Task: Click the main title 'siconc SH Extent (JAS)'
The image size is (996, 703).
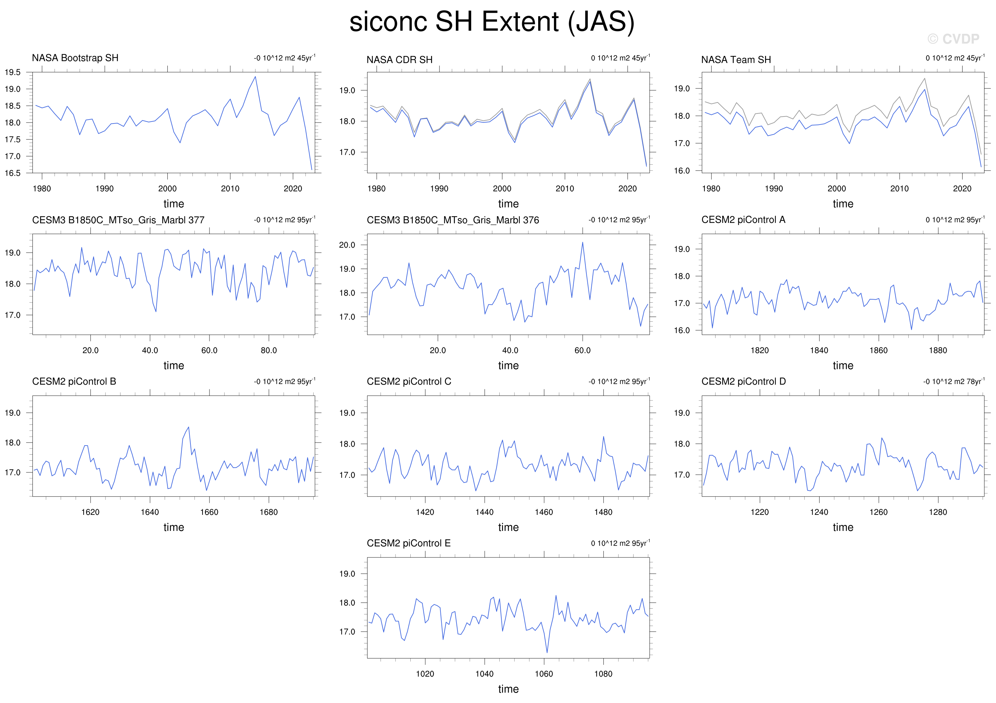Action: tap(492, 22)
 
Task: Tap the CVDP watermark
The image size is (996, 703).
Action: tap(953, 39)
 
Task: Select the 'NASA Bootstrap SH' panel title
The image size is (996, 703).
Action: tap(75, 58)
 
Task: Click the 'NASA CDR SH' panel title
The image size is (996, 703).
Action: tap(400, 60)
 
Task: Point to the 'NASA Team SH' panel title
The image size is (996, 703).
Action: tap(736, 60)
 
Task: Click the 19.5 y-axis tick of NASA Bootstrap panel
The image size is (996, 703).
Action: tap(13, 72)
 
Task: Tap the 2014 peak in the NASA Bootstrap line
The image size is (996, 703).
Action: tap(255, 77)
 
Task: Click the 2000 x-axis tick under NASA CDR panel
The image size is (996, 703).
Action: tap(502, 189)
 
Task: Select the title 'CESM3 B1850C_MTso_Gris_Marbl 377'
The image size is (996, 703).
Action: tap(118, 220)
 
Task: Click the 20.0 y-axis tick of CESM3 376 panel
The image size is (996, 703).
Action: tap(347, 245)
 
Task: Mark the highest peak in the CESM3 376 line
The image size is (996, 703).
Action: tap(583, 243)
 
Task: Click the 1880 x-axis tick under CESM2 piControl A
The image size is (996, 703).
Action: tap(938, 350)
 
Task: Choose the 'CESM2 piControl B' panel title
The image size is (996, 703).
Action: tap(74, 381)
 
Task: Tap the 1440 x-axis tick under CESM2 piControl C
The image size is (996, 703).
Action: tap(484, 513)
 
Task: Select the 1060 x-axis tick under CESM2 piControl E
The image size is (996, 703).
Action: tap(544, 674)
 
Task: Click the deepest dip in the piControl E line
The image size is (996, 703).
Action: tap(547, 652)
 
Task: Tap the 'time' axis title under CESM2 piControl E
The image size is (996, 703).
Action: tap(508, 689)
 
